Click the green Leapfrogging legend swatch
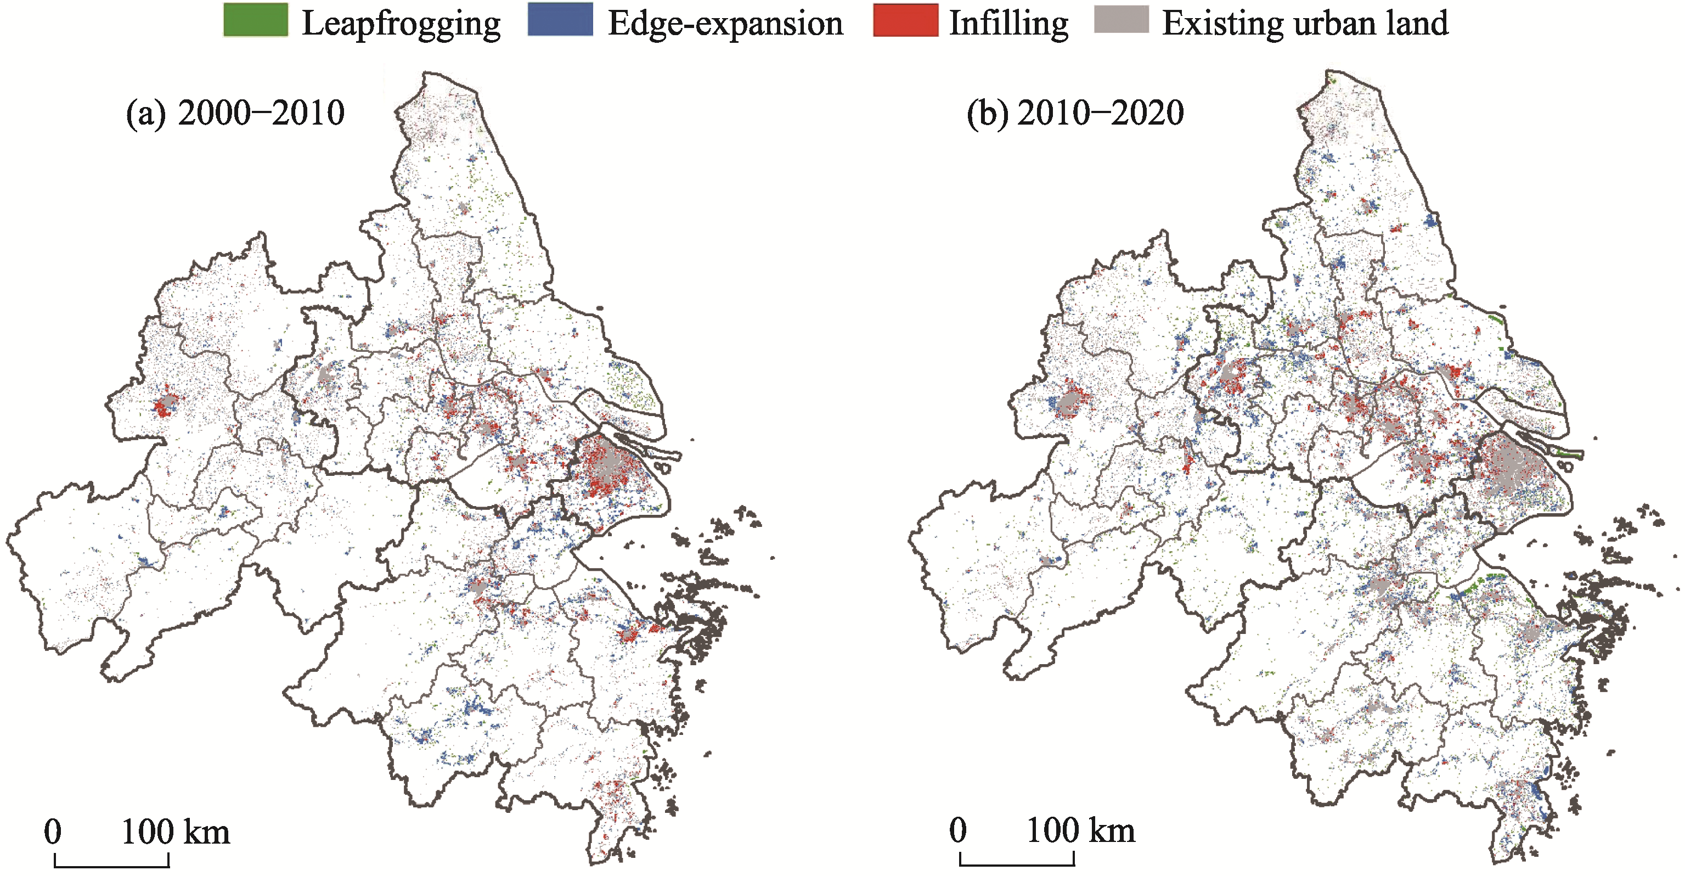coord(255,20)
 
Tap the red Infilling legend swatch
coord(905,20)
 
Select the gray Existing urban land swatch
coord(1121,20)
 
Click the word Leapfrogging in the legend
coord(401,24)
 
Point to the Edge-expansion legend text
coord(725,24)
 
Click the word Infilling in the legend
coord(1008,24)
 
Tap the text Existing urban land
coord(1304,24)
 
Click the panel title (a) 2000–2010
coord(235,113)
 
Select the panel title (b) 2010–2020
coord(1075,113)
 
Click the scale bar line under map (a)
coord(111,866)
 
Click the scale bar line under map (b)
coord(1017,865)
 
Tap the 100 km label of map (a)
coord(175,832)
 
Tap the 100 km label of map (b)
coord(1080,830)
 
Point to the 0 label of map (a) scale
coord(53,832)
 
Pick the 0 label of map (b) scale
coord(957,830)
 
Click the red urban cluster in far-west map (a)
coord(164,406)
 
